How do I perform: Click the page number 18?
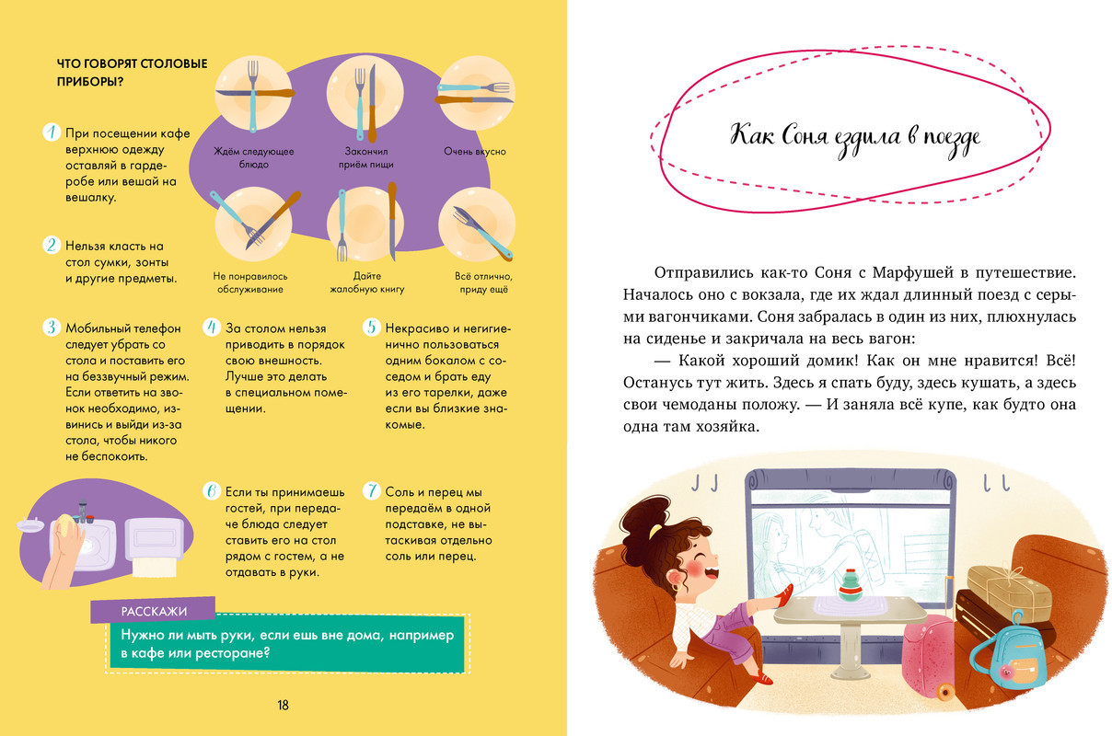(283, 706)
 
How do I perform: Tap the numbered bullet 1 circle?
(52, 132)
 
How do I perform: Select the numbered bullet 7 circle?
(371, 491)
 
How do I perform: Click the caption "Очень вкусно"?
(475, 152)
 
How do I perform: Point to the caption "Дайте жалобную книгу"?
(367, 282)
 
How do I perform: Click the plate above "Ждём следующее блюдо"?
(253, 93)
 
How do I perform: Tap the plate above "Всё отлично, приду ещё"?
(477, 224)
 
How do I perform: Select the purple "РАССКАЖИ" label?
(153, 610)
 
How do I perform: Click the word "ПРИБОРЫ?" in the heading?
(90, 81)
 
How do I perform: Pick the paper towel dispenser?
(155, 546)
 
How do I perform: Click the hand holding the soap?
(64, 553)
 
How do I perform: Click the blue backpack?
(1009, 654)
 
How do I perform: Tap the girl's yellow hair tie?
(655, 532)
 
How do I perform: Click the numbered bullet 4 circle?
(212, 327)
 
